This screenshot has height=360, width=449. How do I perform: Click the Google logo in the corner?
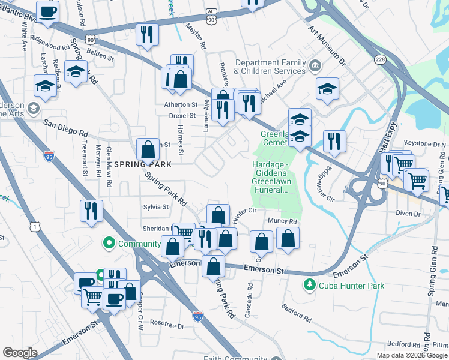pyautogui.click(x=20, y=353)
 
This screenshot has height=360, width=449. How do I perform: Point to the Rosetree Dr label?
pyautogui.click(x=167, y=325)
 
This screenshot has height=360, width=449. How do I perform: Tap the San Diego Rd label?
pyautogui.click(x=66, y=128)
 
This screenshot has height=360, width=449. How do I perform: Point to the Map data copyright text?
pyautogui.click(x=411, y=355)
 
